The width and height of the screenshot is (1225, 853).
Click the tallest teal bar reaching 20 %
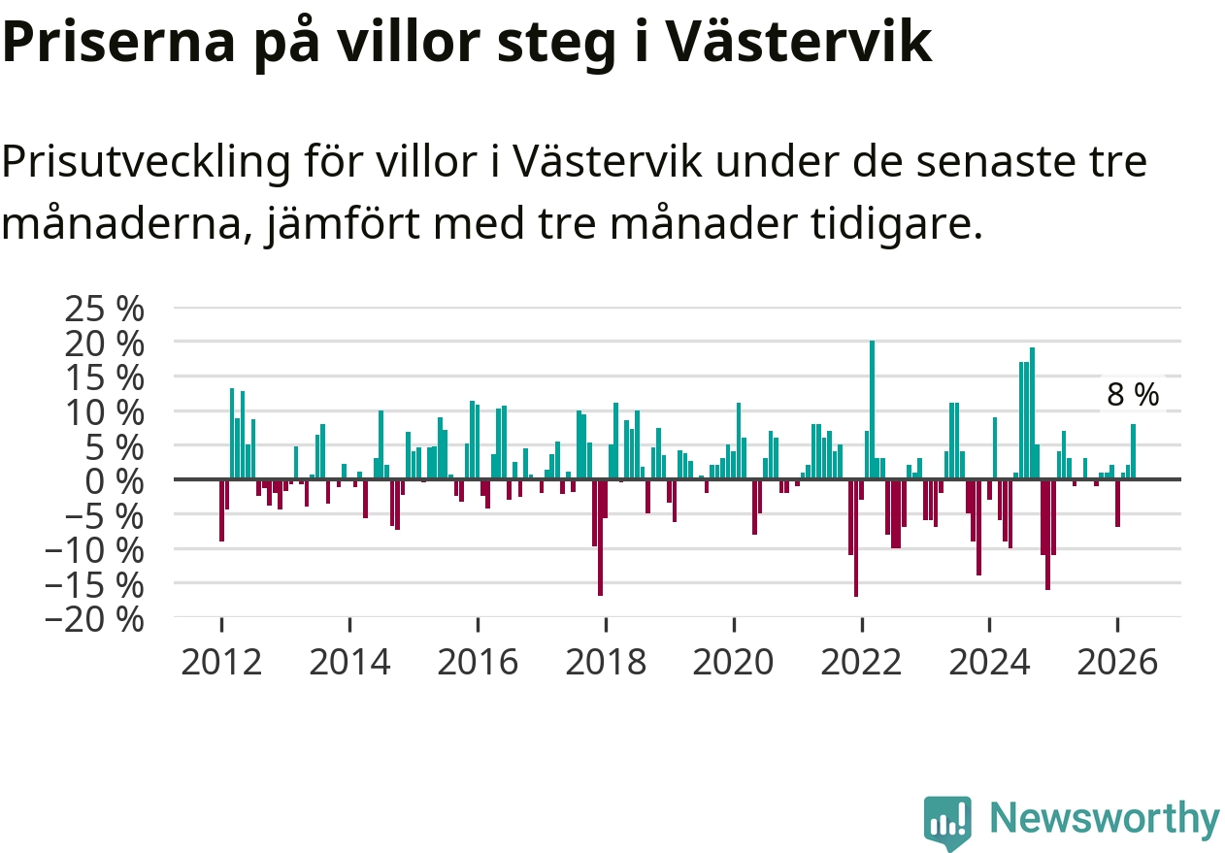pos(873,410)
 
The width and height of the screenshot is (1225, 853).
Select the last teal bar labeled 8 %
pos(1133,451)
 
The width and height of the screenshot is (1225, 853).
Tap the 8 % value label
pos(1133,394)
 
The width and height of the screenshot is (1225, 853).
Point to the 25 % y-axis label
pos(105,309)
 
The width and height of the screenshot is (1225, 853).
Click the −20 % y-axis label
pos(94,621)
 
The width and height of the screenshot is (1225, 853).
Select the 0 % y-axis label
pos(115,482)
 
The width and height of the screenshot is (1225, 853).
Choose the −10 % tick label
pos(94,551)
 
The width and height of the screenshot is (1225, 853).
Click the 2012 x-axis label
pos(221,662)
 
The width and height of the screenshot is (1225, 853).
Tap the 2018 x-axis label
pos(606,662)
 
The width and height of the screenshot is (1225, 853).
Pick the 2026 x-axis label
pos(1117,662)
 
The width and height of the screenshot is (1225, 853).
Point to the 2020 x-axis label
pos(734,662)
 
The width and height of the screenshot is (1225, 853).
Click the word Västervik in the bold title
pos(799,41)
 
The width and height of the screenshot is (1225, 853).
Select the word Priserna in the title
pos(118,43)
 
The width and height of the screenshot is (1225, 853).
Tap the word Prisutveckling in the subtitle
pos(146,162)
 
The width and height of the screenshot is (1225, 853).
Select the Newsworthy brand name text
pos(1105,818)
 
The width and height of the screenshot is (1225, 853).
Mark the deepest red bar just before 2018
pos(600,538)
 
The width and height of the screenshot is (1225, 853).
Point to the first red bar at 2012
pos(221,510)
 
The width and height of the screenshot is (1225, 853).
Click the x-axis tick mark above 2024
pos(989,624)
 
